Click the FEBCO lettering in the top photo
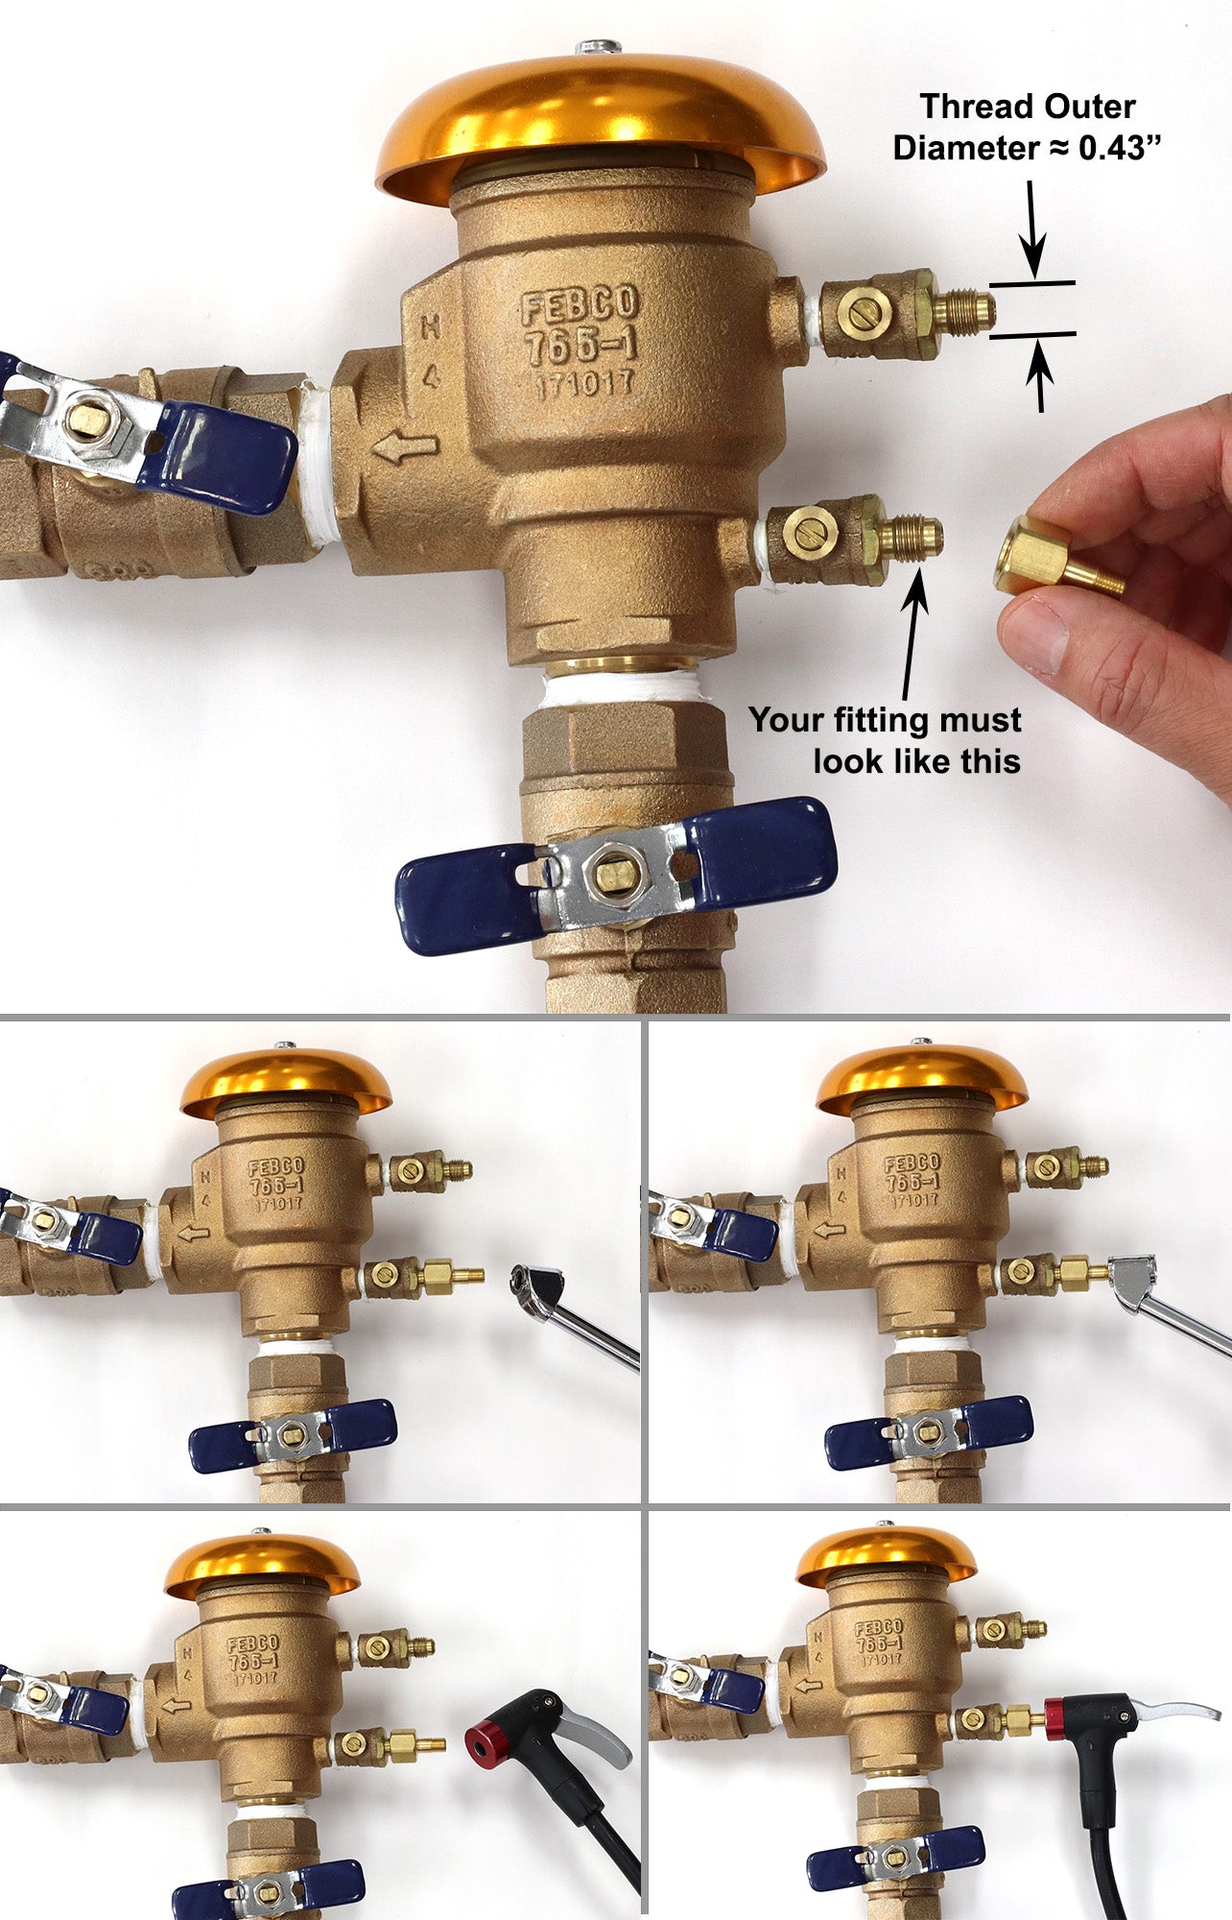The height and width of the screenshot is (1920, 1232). pos(579,306)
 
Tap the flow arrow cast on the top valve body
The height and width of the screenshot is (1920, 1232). pos(405,447)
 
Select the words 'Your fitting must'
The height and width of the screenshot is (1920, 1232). pos(884,719)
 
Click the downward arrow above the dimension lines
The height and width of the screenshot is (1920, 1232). pos(1032,230)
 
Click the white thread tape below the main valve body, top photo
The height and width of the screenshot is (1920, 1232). pos(620,688)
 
